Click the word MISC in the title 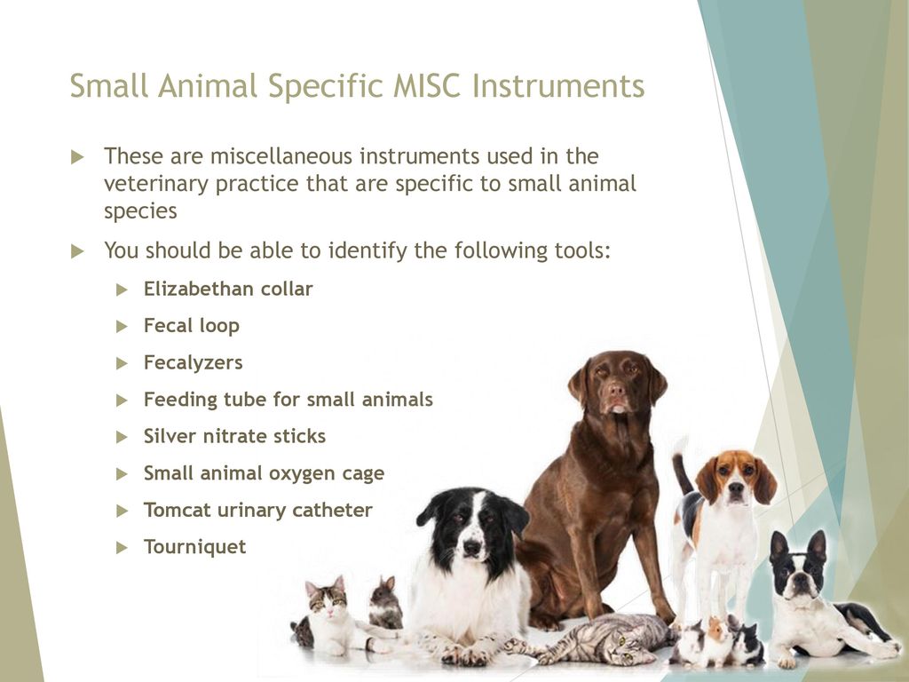(x=426, y=86)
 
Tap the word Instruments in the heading (x=557, y=86)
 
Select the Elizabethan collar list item (x=228, y=289)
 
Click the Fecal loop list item (x=192, y=326)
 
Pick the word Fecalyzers (x=193, y=363)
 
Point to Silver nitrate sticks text (x=234, y=436)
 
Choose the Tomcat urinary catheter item (x=258, y=511)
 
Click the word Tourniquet (x=194, y=547)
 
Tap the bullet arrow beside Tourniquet (x=122, y=547)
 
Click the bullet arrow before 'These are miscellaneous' (x=77, y=157)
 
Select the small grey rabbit (x=385, y=604)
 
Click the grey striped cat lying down (x=603, y=639)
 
